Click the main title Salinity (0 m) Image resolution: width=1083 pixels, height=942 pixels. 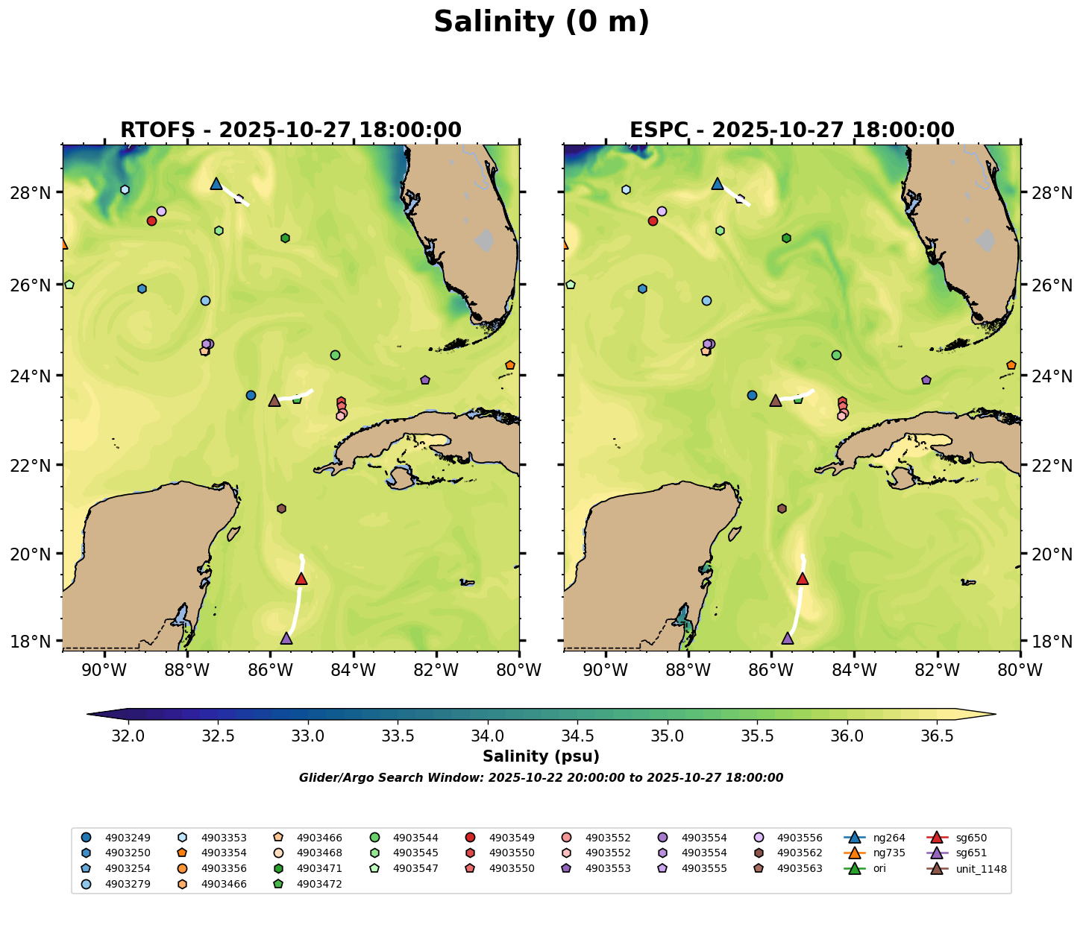541,22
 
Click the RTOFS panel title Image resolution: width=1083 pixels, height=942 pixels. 291,130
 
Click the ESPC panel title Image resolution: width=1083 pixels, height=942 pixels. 792,130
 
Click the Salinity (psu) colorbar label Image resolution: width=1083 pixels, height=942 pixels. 541,757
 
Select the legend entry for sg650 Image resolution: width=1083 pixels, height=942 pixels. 971,838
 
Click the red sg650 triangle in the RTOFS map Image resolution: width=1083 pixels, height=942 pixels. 301,579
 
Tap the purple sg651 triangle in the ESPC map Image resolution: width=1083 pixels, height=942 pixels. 788,639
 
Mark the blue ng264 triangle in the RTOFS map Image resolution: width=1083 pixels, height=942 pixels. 216,183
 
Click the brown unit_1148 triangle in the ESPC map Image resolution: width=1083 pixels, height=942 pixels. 776,401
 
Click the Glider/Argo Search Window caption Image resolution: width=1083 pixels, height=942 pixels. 541,778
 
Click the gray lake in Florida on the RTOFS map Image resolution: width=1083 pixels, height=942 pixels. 485,241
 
